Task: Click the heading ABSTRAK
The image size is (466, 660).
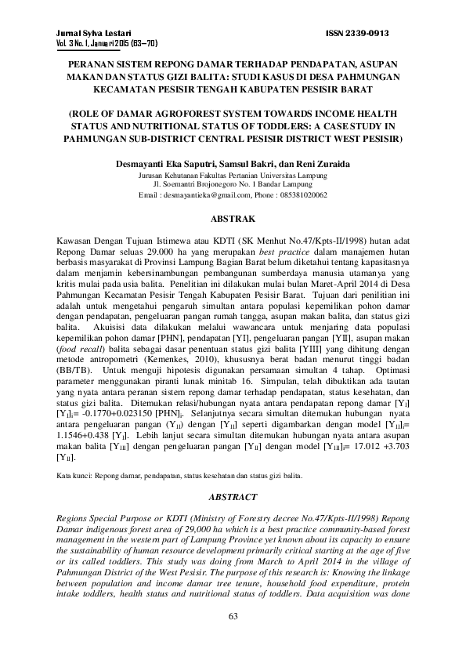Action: tap(233, 212)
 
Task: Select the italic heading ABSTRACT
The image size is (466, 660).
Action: tap(233, 497)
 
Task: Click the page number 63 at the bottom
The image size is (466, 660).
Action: tap(233, 617)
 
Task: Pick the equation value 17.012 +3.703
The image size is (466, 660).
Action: tap(370, 445)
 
